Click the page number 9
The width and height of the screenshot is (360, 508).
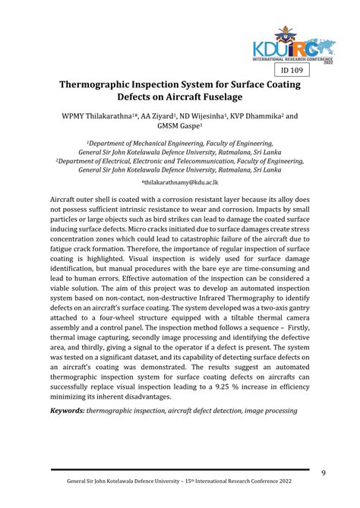[324, 473]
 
